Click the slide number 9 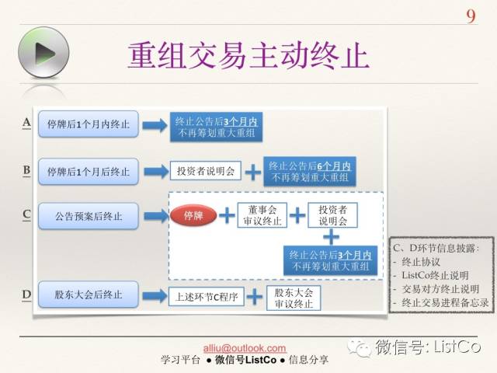tap(471, 16)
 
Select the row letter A tap(26, 123)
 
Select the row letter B tap(26, 170)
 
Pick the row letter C tap(26, 214)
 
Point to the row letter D tap(26, 295)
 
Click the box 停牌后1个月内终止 tap(88, 124)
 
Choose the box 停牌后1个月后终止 tap(88, 171)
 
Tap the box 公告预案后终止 tap(88, 215)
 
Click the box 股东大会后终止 tap(88, 295)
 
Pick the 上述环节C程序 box tap(206, 296)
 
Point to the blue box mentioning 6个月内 tap(310, 172)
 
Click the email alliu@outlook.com tap(244, 348)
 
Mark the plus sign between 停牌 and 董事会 tap(227, 215)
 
